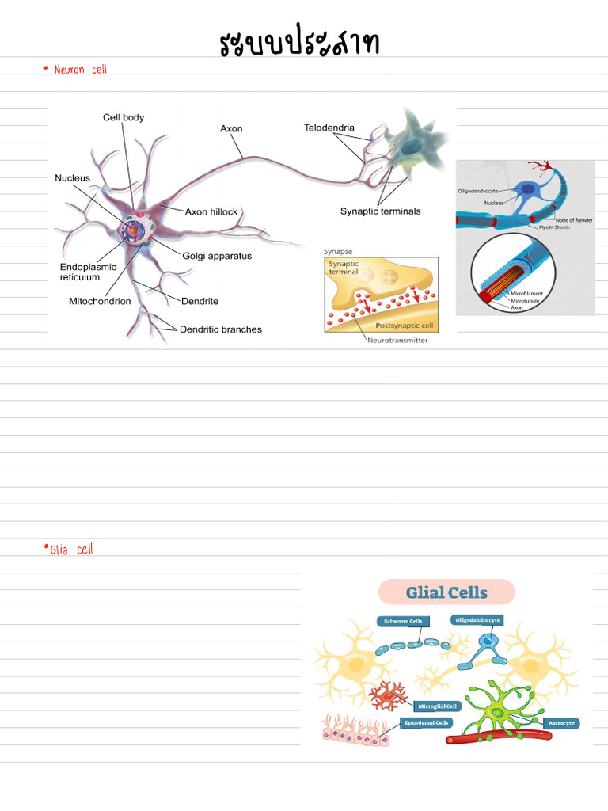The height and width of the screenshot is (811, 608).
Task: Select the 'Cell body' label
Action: [x=123, y=117]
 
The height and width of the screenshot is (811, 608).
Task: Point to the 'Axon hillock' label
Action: [x=211, y=212]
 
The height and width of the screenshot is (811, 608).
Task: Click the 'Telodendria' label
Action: [x=329, y=128]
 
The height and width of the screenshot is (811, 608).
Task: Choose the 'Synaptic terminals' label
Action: [x=380, y=211]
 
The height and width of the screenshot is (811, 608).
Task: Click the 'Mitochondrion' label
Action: [x=100, y=301]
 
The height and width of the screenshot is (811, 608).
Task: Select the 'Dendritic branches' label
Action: [x=220, y=329]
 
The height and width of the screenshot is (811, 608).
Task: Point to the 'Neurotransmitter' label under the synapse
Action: [x=401, y=340]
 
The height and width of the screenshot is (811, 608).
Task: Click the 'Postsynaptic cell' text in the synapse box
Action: [x=405, y=326]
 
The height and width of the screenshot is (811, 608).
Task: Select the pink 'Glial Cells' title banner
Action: [x=446, y=592]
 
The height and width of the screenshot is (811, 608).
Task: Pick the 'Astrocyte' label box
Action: [x=561, y=723]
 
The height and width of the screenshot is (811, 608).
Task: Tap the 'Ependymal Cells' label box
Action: [x=427, y=722]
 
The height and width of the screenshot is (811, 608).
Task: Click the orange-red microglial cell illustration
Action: [x=388, y=695]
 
